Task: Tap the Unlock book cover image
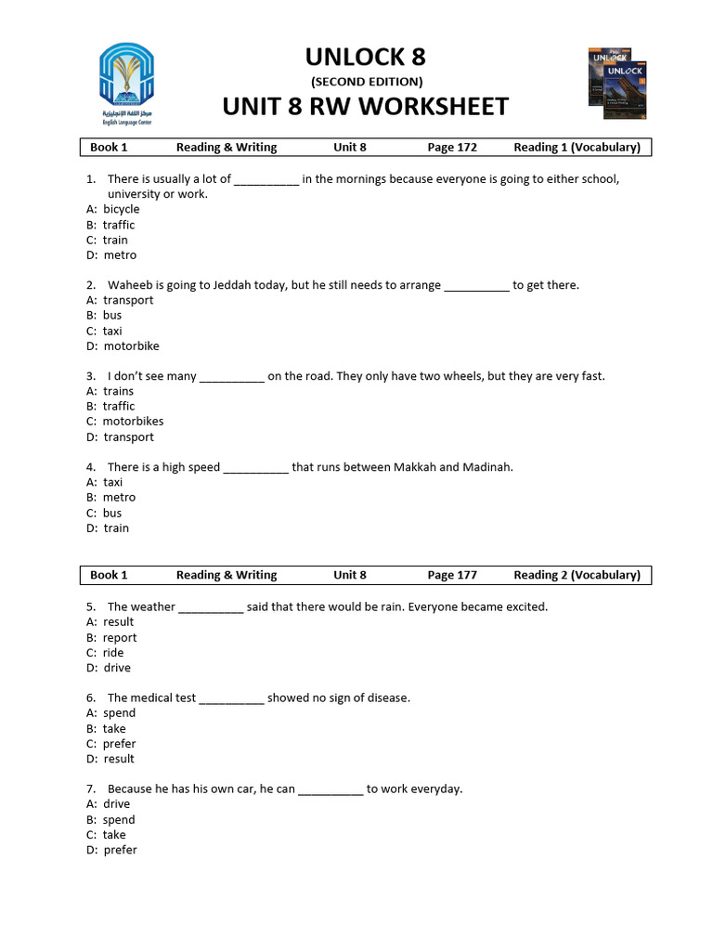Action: point(618,84)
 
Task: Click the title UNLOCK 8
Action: point(366,58)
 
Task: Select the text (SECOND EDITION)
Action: point(366,82)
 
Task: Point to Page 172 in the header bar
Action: point(452,148)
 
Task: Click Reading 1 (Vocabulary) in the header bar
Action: point(577,148)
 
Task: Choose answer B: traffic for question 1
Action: point(110,225)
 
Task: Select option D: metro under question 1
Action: point(111,255)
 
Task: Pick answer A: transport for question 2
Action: point(120,301)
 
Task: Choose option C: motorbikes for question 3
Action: point(124,422)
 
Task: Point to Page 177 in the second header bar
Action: point(452,575)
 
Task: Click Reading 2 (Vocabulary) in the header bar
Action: point(577,575)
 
